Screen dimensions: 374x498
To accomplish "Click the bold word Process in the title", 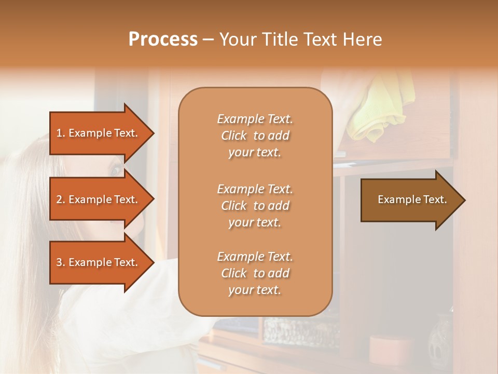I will [x=163, y=39].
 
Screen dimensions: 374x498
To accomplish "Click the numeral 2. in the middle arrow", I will [x=60, y=199].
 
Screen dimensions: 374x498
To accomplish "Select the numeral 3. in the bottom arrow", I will [x=60, y=262].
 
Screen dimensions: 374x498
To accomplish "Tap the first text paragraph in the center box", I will [x=255, y=136].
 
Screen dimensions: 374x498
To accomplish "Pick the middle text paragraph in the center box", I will [x=255, y=205].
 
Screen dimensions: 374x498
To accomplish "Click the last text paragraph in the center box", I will [x=255, y=273].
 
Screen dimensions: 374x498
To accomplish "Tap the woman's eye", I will [x=115, y=169].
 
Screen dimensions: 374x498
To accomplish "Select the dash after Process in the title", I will [x=209, y=40].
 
